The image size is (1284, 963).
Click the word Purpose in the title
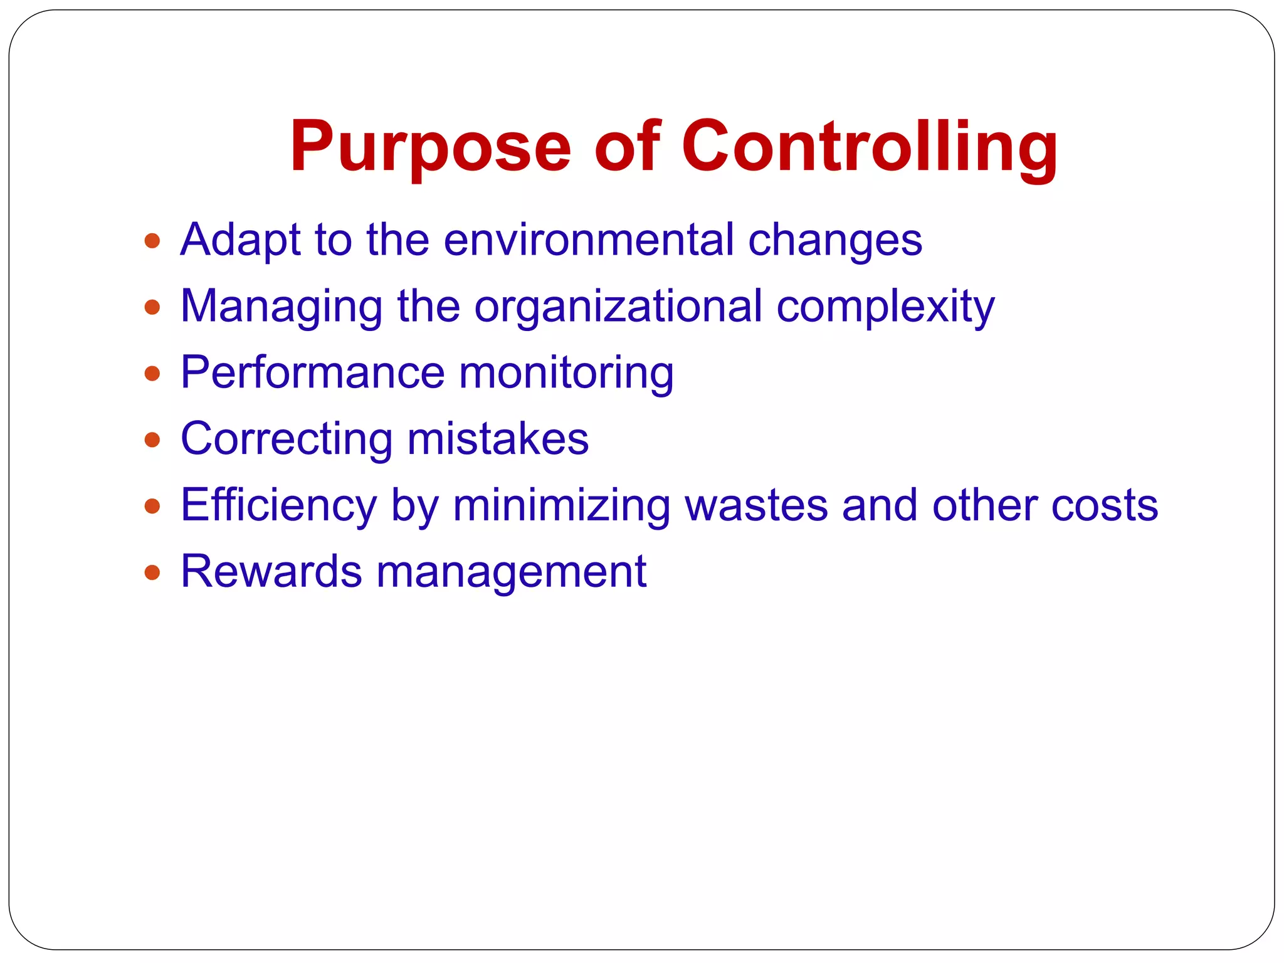tap(430, 147)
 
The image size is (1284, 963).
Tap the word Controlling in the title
tap(870, 147)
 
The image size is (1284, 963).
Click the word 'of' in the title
tap(627, 147)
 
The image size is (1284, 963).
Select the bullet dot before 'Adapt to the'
tap(152, 241)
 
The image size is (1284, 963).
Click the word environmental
tap(589, 240)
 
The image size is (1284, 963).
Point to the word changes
tap(835, 241)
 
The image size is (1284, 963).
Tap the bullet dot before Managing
tap(152, 307)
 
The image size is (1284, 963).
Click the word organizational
tap(618, 307)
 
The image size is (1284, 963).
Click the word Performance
tap(312, 373)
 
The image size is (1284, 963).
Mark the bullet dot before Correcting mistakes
tap(152, 439)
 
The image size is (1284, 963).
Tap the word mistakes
tap(498, 439)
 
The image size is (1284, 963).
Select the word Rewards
tap(271, 572)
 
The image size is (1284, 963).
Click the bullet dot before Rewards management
tap(152, 572)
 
